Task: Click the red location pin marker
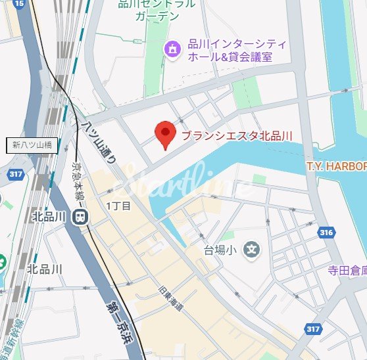click(x=164, y=135)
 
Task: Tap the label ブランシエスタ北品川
click(x=237, y=137)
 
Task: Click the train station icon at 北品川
click(x=80, y=216)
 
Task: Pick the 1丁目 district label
click(x=119, y=206)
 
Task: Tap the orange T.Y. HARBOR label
click(x=336, y=168)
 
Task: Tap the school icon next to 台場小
click(x=251, y=249)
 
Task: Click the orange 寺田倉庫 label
click(x=347, y=270)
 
